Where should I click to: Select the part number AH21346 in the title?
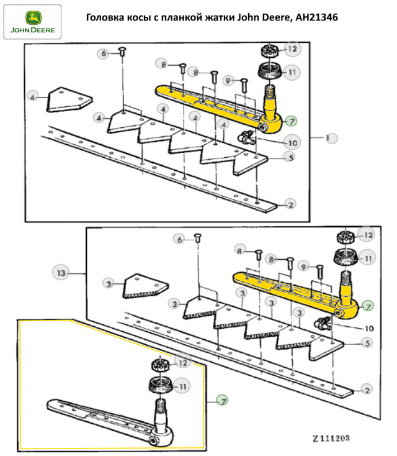point(316,17)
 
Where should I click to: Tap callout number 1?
point(329,137)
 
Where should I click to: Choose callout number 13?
point(60,271)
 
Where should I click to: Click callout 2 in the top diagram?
point(288,204)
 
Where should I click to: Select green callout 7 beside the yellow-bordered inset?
point(221,401)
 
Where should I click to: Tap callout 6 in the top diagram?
point(104,53)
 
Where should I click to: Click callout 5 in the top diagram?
point(288,157)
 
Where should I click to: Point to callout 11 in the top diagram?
point(292,72)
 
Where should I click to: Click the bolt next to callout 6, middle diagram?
point(197,239)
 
